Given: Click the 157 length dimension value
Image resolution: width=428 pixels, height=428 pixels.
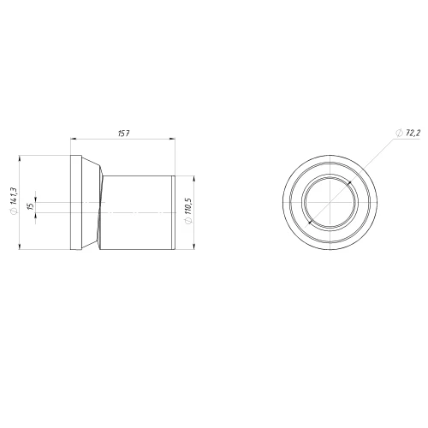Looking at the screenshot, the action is [x=124, y=134].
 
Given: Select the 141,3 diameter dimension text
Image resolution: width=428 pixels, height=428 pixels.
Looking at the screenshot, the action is [x=13, y=196].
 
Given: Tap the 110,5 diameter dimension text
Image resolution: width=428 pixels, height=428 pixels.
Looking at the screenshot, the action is [x=189, y=206].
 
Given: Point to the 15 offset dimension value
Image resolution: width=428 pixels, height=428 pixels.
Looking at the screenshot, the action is [x=32, y=205].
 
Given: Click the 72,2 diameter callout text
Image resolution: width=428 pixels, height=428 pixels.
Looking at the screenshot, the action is [x=413, y=133].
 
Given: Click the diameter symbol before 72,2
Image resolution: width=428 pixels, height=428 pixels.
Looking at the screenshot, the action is [x=399, y=133].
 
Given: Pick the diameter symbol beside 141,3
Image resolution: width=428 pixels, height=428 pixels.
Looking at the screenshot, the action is [x=13, y=211].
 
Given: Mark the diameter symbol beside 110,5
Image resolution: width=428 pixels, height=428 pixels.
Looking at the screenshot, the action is [x=189, y=221].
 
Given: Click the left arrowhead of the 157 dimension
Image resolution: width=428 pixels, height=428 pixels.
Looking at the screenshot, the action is [x=74, y=139].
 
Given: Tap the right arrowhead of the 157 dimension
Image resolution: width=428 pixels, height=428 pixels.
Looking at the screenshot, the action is [x=172, y=139].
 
